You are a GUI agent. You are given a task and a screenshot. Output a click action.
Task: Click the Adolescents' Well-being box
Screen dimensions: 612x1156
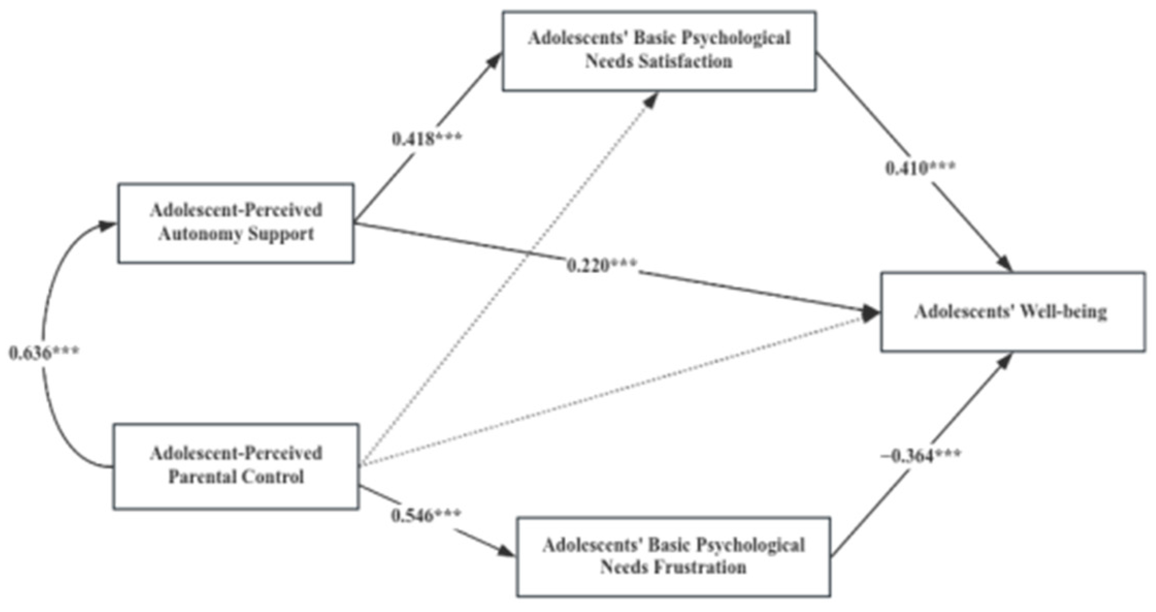pyautogui.click(x=1013, y=312)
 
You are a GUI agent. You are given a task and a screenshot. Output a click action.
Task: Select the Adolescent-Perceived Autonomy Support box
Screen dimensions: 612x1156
pyautogui.click(x=236, y=223)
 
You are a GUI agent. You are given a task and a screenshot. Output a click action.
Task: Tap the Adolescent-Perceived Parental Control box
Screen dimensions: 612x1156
pyautogui.click(x=236, y=467)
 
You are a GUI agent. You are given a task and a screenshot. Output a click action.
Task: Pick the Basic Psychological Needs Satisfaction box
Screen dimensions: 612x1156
pyautogui.click(x=659, y=51)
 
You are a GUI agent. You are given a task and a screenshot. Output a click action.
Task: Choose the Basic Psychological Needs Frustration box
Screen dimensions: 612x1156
pyautogui.click(x=673, y=557)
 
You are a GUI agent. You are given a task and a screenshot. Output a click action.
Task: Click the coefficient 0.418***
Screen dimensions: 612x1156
pyautogui.click(x=427, y=139)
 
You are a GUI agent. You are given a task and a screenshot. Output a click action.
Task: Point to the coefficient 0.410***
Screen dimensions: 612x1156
pyautogui.click(x=920, y=168)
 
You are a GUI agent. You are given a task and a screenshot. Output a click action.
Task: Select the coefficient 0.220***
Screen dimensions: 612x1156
pyautogui.click(x=602, y=266)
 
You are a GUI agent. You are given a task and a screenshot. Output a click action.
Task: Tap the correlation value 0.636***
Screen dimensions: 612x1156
pyautogui.click(x=44, y=353)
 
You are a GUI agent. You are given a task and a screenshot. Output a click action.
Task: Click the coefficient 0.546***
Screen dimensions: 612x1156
pyautogui.click(x=426, y=515)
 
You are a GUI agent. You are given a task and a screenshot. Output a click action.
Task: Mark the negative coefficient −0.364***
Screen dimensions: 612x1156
pyautogui.click(x=921, y=456)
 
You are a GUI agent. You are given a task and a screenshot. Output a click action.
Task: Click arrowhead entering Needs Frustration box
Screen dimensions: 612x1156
pyautogui.click(x=508, y=552)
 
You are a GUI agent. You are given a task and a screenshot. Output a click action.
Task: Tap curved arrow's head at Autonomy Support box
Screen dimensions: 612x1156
pyautogui.click(x=109, y=225)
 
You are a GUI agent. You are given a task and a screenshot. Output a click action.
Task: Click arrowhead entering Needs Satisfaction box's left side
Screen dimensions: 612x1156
pyautogui.click(x=495, y=60)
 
